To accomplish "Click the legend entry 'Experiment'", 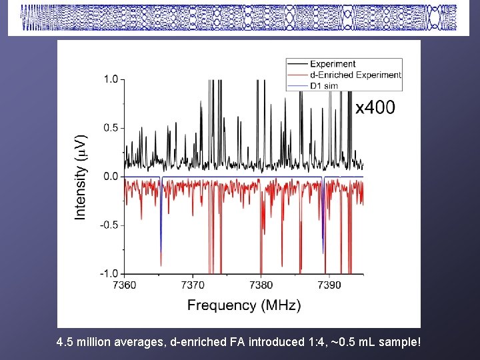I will click(338, 64).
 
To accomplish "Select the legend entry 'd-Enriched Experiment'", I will click(361, 75).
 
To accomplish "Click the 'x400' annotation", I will click(375, 107).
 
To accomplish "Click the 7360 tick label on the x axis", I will click(125, 285).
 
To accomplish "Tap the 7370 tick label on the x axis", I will click(193, 285).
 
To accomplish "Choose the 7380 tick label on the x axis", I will click(261, 285).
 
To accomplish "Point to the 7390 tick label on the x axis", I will click(329, 285).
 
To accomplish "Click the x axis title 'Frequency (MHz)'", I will click(244, 305).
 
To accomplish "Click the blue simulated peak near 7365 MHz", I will click(161, 227).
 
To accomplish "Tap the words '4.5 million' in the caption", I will click(83, 343).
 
